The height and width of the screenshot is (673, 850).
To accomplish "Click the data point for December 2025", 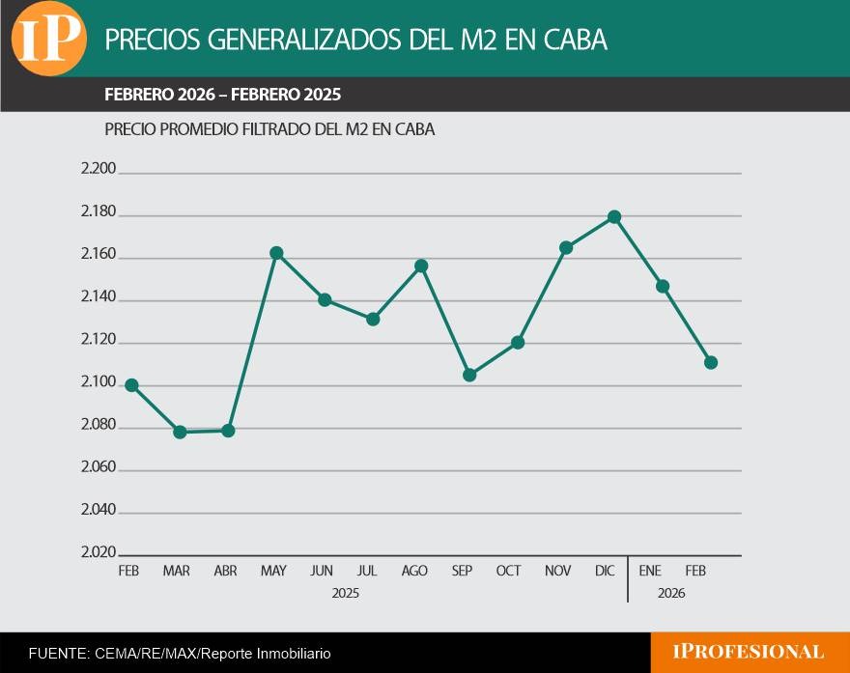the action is click(614, 217).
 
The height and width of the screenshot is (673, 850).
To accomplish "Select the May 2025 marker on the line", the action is click(276, 253).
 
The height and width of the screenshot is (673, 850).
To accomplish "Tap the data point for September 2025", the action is click(469, 375).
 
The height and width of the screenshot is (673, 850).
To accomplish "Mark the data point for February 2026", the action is click(711, 362).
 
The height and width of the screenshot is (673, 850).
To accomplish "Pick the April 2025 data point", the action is click(228, 431).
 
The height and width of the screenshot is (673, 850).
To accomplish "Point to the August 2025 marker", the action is click(421, 266).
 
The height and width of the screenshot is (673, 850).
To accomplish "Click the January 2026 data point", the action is click(663, 286).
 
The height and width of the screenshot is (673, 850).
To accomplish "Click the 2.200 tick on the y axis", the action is click(99, 169).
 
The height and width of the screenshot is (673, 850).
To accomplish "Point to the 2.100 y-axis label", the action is click(99, 382).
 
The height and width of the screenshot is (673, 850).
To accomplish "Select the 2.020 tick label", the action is click(99, 552).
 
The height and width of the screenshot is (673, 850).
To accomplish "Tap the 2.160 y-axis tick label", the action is click(99, 254).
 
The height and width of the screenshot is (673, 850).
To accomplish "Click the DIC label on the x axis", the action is click(605, 571).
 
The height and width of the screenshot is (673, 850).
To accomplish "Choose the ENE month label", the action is click(649, 571).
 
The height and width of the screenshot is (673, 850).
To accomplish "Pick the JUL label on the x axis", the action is click(367, 571).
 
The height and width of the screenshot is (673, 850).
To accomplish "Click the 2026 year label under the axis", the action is click(671, 594).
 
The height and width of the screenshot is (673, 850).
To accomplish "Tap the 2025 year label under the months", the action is click(346, 594).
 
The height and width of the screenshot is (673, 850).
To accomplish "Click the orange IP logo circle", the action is click(49, 39).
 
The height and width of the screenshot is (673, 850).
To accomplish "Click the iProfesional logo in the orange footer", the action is click(748, 652).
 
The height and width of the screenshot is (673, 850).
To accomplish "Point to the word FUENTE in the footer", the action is click(59, 654).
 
